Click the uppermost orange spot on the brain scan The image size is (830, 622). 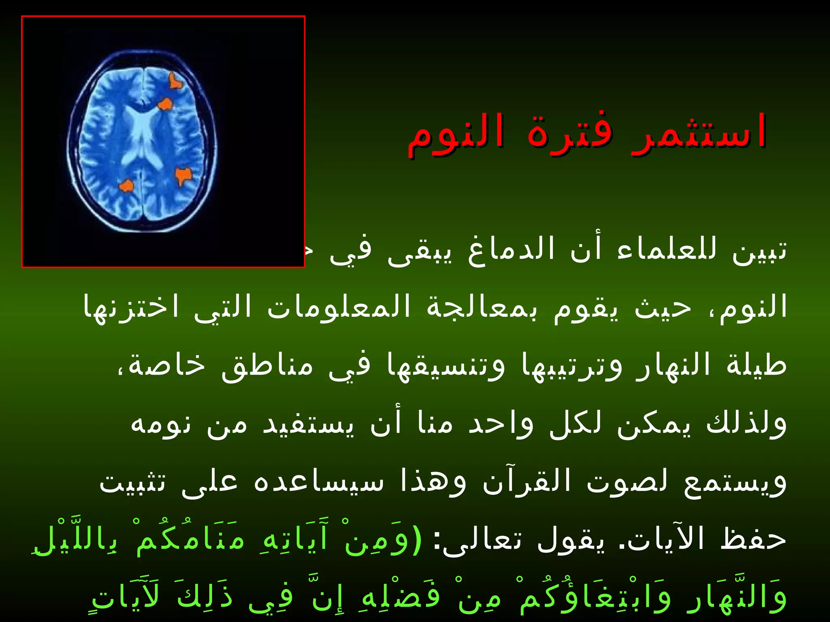tap(175, 81)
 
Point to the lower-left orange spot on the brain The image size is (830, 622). tap(126, 186)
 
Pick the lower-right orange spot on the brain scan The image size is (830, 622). tap(183, 176)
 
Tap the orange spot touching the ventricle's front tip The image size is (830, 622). tap(165, 104)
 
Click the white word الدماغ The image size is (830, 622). tap(511, 249)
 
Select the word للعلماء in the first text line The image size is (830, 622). tap(667, 249)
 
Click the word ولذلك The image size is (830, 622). tap(746, 423)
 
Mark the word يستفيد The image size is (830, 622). tap(308, 423)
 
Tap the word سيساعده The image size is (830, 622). tap(318, 482)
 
